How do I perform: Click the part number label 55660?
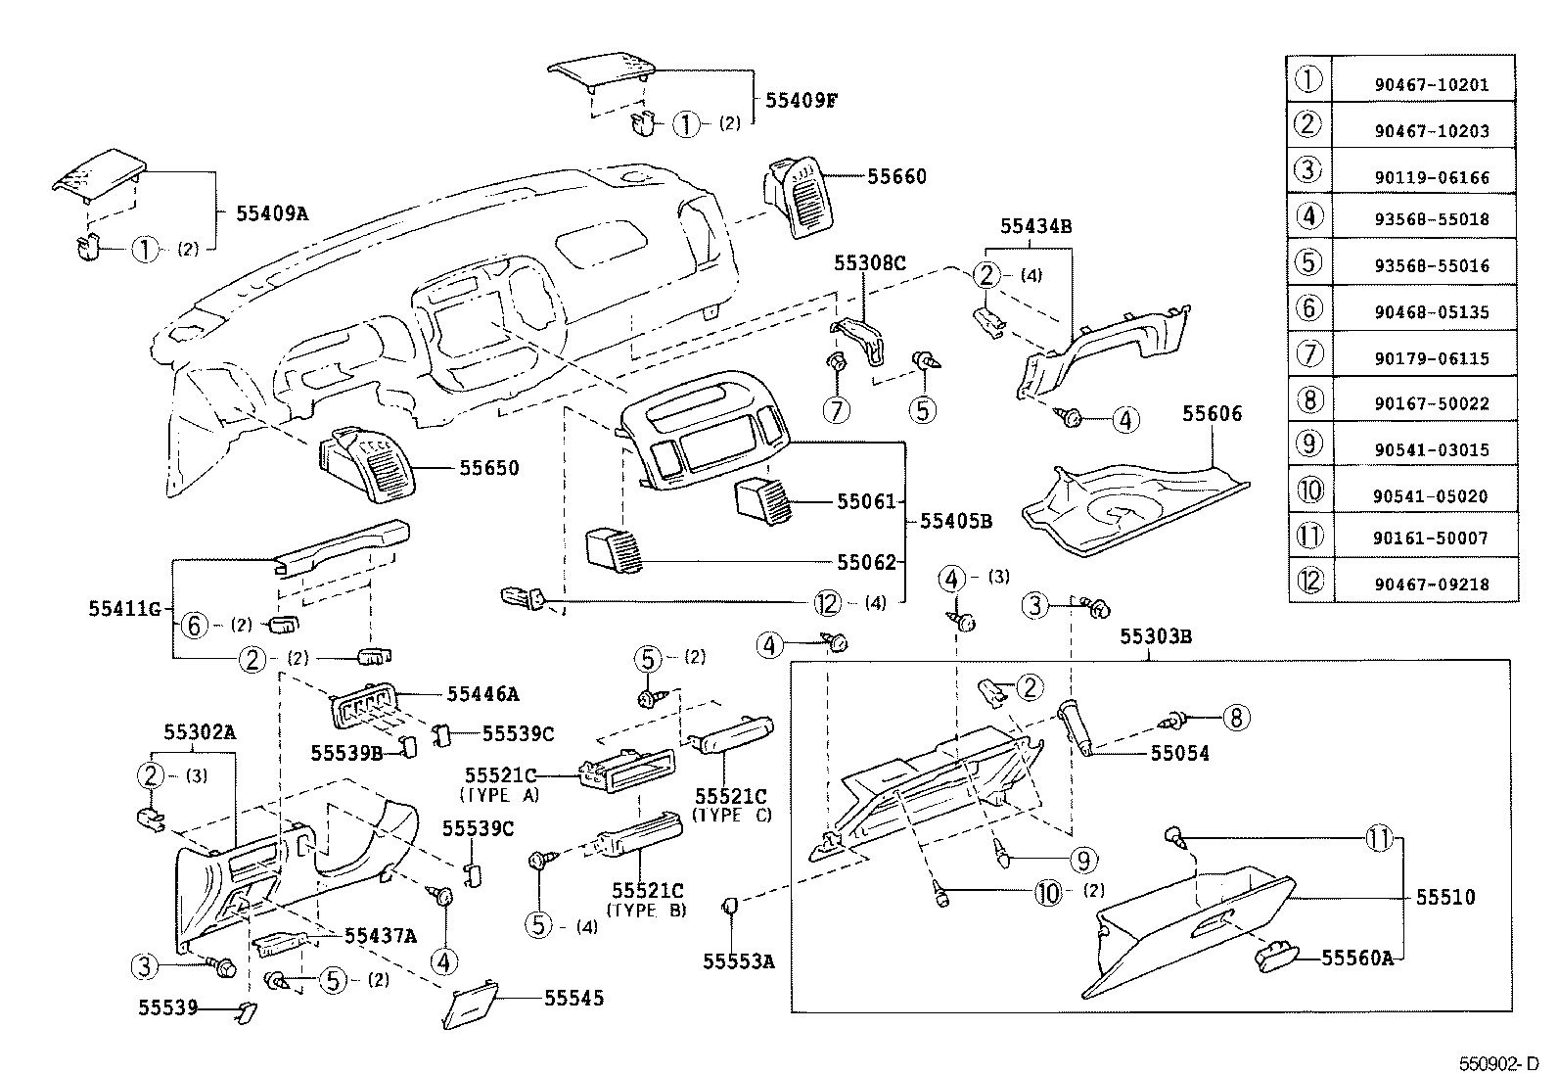pyautogui.click(x=896, y=177)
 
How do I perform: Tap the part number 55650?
pyautogui.click(x=489, y=469)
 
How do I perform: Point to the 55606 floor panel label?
pyautogui.click(x=1212, y=414)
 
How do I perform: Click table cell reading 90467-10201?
pyautogui.click(x=1431, y=85)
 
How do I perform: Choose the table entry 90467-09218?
pyautogui.click(x=1431, y=585)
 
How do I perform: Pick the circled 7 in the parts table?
pyautogui.click(x=1308, y=353)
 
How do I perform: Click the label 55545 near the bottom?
pyautogui.click(x=573, y=998)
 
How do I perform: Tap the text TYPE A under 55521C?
pyautogui.click(x=499, y=795)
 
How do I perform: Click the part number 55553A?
pyautogui.click(x=738, y=961)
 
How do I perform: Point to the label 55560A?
pyautogui.click(x=1356, y=958)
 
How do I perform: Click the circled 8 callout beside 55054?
pyautogui.click(x=1235, y=719)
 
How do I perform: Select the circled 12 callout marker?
pyautogui.click(x=829, y=603)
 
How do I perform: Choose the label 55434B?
pyautogui.click(x=1035, y=226)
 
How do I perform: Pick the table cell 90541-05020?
pyautogui.click(x=1431, y=496)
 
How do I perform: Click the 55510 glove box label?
pyautogui.click(x=1445, y=897)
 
